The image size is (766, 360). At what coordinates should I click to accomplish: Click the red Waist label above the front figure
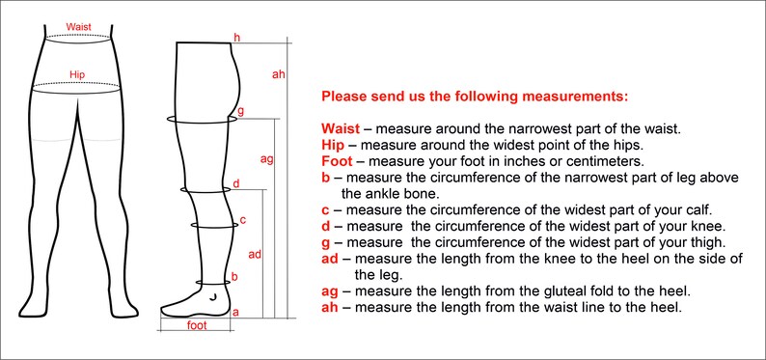(79, 27)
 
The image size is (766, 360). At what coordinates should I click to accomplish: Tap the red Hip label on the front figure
(77, 74)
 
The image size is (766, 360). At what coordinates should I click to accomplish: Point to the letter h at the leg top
(237, 38)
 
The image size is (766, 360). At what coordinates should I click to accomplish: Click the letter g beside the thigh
(240, 111)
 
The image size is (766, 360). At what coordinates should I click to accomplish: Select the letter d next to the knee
(236, 183)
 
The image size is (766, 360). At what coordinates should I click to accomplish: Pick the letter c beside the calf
(242, 220)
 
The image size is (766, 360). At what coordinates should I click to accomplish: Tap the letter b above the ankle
(234, 277)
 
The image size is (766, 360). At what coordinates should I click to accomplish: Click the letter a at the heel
(235, 312)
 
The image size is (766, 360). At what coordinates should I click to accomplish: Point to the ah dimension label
(278, 74)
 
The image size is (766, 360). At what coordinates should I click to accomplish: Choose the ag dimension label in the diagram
(266, 159)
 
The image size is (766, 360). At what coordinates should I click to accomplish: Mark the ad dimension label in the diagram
(255, 254)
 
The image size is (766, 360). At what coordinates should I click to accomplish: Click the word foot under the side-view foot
(197, 325)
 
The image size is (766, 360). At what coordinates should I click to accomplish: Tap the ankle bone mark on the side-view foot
(211, 297)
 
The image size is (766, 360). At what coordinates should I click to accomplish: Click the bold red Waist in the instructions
(341, 129)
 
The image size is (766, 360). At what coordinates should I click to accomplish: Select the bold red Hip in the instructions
(332, 145)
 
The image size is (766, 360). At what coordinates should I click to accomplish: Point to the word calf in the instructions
(699, 210)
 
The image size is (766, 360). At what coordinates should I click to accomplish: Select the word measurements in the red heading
(575, 97)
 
